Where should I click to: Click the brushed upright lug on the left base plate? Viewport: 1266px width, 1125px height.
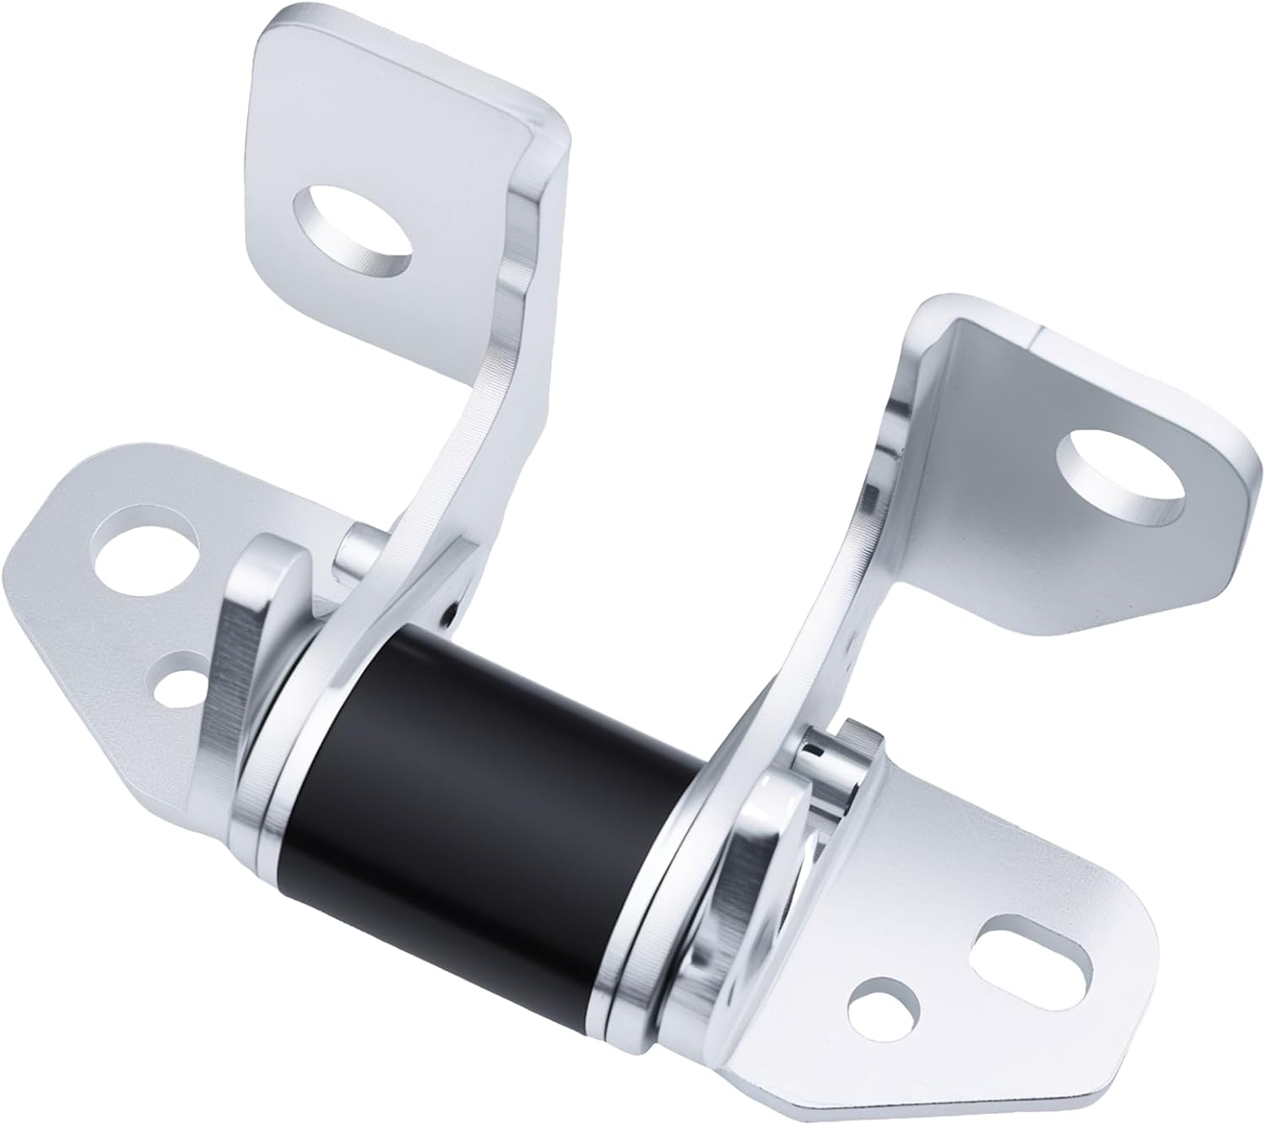[x=245, y=641]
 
